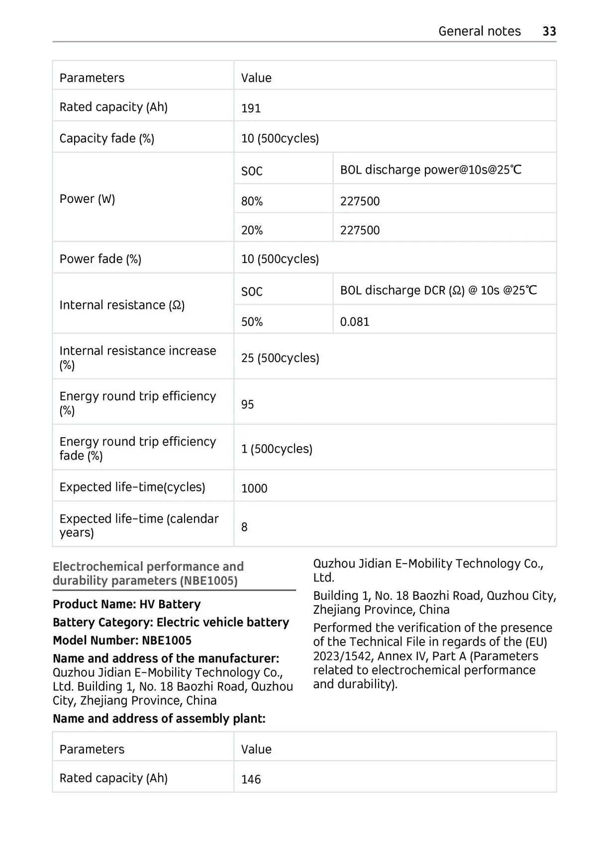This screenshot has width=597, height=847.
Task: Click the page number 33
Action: coord(549,31)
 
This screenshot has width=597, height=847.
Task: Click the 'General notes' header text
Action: coord(479,31)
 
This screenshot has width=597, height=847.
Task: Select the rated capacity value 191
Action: coord(251,108)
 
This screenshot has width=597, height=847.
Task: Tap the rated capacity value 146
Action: coord(251,779)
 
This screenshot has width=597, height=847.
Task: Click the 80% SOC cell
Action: coord(252,201)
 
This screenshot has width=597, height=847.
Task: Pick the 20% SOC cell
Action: coord(252,230)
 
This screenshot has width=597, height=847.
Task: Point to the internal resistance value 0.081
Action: coord(355,321)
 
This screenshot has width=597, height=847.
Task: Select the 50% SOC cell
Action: coord(252,321)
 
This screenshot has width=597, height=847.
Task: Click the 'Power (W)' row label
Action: coord(87,199)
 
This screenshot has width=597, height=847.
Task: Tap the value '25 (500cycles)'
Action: coord(280,358)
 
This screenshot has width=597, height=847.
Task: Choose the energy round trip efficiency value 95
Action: coord(247,404)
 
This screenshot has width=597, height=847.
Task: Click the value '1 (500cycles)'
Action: coord(277,449)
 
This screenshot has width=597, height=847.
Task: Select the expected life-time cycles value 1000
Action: coord(254,488)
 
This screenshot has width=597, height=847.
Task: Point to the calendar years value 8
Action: coord(244,527)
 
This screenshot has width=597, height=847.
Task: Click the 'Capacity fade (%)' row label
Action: coord(106,138)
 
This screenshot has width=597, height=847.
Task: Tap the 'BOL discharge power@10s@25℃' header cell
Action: coord(431,170)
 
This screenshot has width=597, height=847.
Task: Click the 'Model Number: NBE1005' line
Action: coord(122,640)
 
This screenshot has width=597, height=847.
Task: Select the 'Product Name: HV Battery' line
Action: coord(126,604)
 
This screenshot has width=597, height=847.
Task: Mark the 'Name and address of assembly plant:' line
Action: coord(159,718)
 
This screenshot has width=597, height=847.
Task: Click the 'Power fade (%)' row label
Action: coord(100,259)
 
